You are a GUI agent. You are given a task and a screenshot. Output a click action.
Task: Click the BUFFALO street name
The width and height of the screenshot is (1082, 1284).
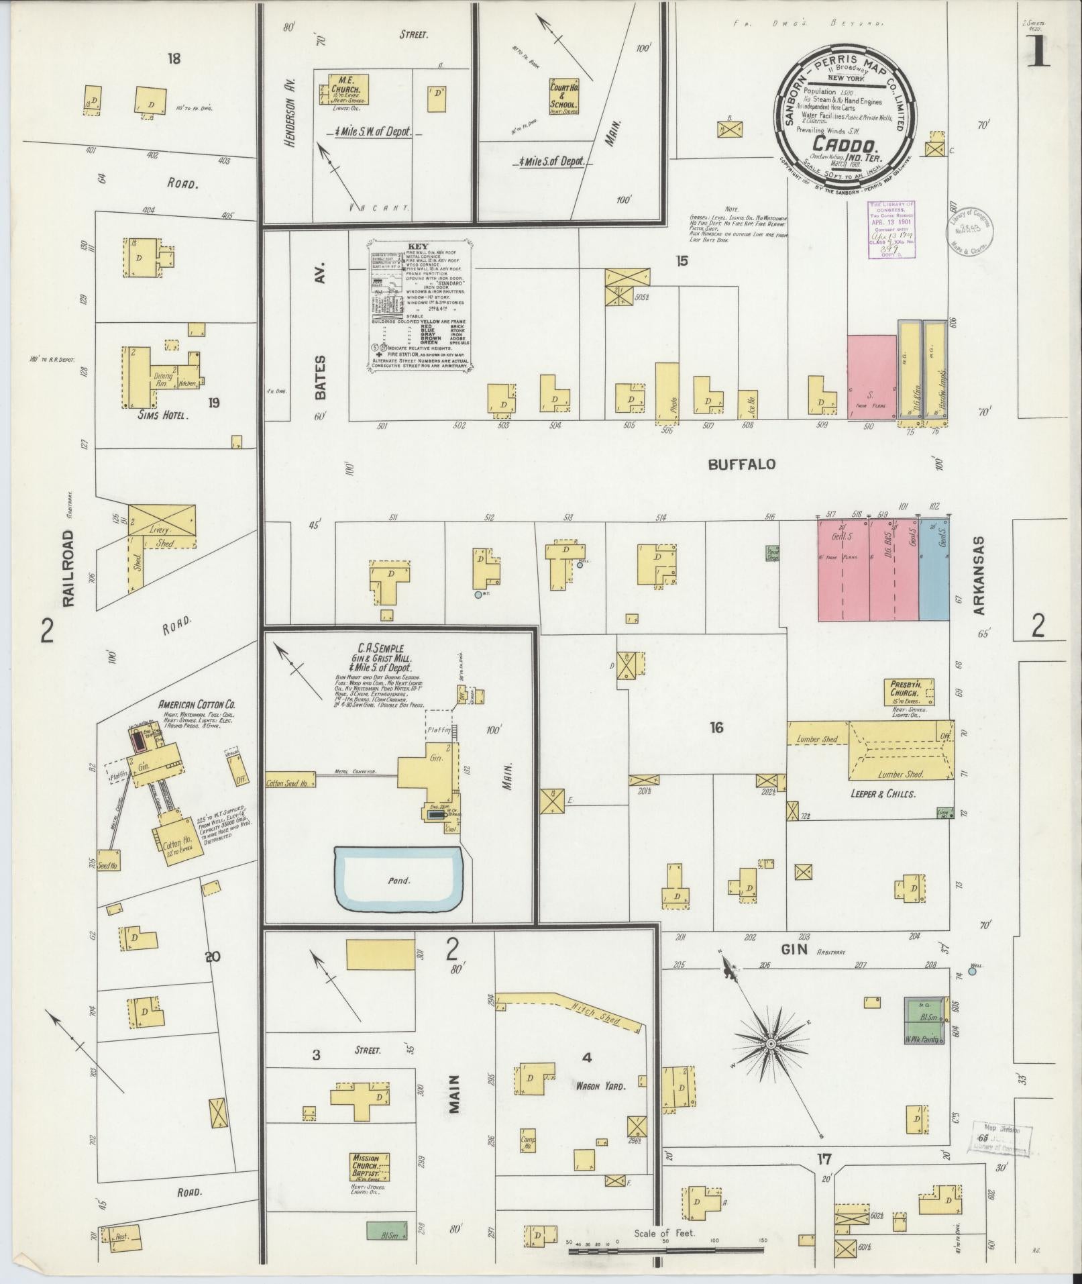point(742,464)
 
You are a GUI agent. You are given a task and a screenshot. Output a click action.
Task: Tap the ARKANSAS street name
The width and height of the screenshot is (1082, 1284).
point(979,576)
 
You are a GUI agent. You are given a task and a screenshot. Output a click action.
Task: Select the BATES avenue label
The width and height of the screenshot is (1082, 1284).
point(321,377)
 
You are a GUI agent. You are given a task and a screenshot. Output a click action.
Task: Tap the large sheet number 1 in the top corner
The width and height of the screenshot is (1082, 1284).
point(1038,52)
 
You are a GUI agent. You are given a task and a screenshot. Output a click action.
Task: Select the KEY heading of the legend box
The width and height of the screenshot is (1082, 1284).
point(417,246)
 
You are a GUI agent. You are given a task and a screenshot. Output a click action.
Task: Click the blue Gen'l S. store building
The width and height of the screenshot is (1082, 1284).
point(934,569)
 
